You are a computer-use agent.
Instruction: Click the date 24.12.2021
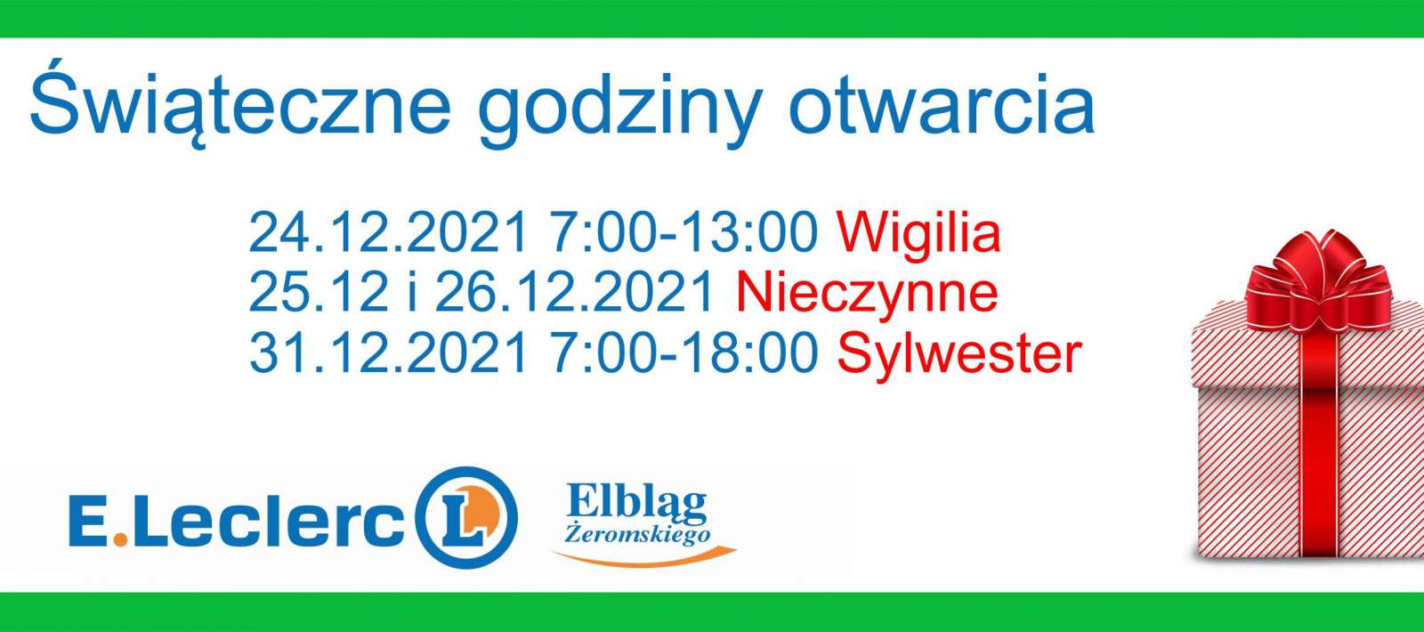coord(388,231)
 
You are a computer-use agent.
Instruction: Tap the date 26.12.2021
coord(574,291)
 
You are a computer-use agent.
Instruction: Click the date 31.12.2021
coord(388,352)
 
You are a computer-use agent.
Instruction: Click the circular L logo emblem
coord(467,517)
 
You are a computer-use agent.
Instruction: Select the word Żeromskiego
coord(637,534)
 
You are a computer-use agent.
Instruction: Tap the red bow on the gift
coord(1320,280)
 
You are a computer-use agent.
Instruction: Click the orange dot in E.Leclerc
coord(119,539)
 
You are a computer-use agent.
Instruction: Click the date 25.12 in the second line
coord(319,291)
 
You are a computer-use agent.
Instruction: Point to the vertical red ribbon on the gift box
coord(1320,445)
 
